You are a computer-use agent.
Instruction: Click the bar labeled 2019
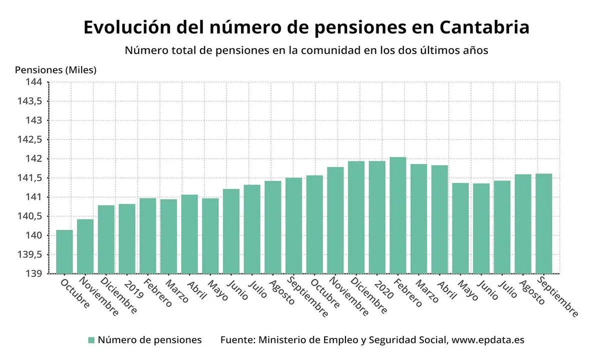coord(127,238)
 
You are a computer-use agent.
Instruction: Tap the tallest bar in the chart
coord(398,215)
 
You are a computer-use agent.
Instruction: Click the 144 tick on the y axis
coord(35,82)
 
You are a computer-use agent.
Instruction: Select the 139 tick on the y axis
coord(35,274)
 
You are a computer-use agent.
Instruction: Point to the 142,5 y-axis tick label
coord(31,139)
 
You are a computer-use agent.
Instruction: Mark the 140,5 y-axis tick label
coord(31,216)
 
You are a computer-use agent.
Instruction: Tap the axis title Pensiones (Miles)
coord(55,70)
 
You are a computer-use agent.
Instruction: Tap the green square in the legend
coord(91,340)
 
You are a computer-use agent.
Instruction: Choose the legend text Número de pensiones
coord(149,340)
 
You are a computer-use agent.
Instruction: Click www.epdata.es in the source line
coord(487,340)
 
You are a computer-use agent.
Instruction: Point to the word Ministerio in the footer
coord(283,340)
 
